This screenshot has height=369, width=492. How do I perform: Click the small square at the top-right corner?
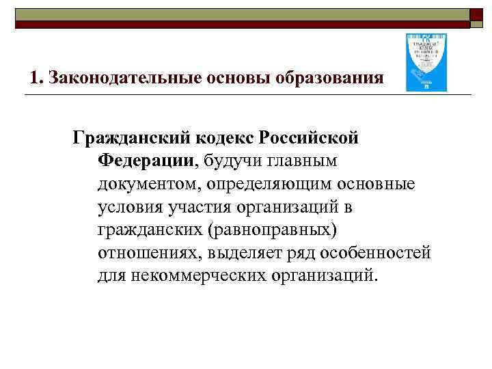478,16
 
